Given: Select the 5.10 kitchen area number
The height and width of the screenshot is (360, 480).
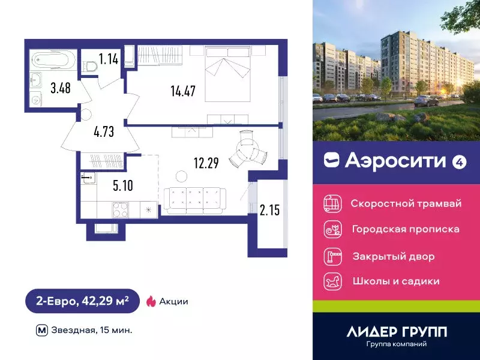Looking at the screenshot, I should [122, 185].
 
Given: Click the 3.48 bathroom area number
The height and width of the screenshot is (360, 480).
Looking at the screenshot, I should [60, 88].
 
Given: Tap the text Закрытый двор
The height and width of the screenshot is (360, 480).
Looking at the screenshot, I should [392, 256].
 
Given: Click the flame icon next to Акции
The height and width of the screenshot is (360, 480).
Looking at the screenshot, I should [150, 301].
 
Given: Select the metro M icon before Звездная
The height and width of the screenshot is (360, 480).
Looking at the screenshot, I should [41, 329].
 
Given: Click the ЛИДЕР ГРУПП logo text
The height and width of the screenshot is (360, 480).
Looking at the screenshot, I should [397, 331].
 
